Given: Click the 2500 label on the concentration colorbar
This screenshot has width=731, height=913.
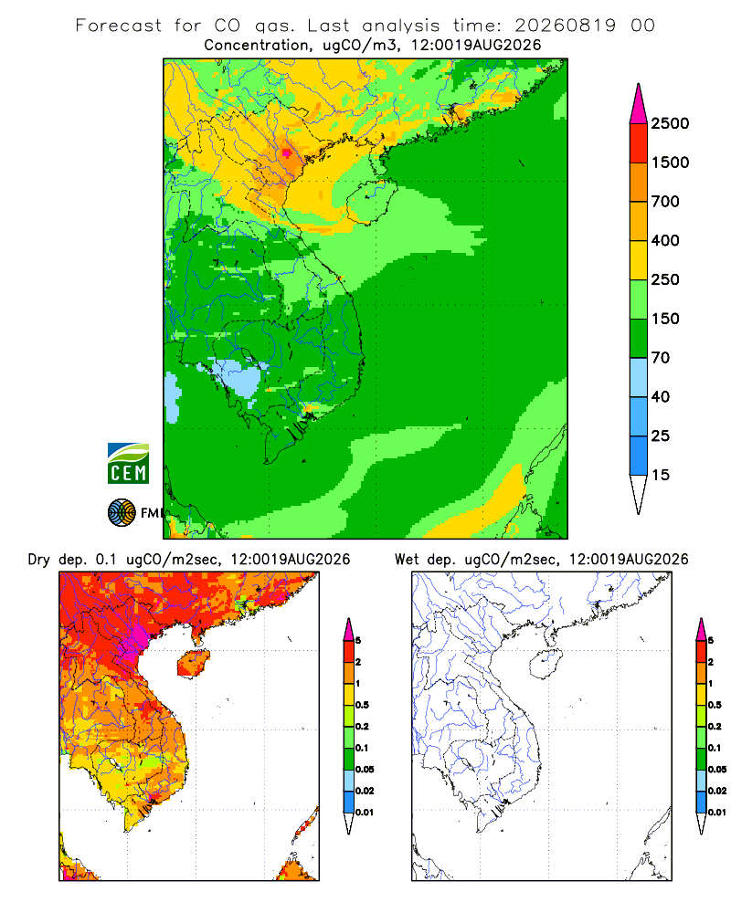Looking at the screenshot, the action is click(x=670, y=123).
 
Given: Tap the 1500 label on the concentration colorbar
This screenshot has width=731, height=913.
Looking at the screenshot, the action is click(x=670, y=163).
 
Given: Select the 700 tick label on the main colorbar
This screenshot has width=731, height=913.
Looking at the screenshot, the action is click(x=665, y=202).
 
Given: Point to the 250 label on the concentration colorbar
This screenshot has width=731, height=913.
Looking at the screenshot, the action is click(x=665, y=279).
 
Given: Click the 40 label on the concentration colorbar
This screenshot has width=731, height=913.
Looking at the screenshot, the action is click(x=661, y=396).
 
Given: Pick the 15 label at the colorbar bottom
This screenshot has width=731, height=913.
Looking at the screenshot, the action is click(x=661, y=475).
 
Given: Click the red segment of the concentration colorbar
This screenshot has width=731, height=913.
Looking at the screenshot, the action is click(x=639, y=142).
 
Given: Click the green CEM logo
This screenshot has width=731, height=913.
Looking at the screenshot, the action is click(x=128, y=464).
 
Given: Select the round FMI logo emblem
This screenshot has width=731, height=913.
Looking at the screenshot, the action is click(x=122, y=513).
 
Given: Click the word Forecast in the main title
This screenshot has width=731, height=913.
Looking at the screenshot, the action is click(x=119, y=26).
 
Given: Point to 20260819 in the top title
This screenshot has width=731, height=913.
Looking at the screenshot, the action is click(x=565, y=26).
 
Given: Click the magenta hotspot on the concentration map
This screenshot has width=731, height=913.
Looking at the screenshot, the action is click(x=286, y=153).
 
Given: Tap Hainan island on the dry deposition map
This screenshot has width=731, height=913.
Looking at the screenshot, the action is click(x=194, y=664).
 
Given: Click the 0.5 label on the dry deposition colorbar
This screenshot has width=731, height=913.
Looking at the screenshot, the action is click(x=362, y=705).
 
